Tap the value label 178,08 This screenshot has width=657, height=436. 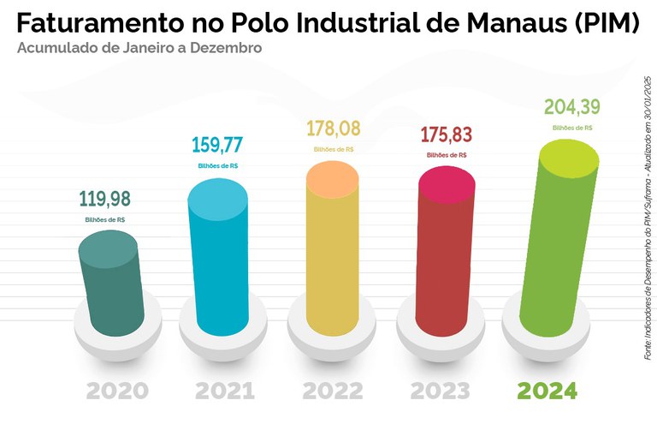(x=334, y=129)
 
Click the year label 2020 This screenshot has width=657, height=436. (x=117, y=391)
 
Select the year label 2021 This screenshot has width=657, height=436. (x=225, y=391)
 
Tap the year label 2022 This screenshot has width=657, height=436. (x=334, y=391)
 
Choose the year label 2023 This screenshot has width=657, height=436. (x=441, y=391)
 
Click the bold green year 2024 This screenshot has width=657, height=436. (x=548, y=391)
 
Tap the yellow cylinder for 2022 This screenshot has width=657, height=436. (x=334, y=253)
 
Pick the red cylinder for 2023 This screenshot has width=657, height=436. (x=444, y=253)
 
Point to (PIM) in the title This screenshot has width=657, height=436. (x=606, y=23)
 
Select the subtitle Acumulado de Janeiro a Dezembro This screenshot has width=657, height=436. (x=139, y=48)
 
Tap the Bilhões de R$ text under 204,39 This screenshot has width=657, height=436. (x=573, y=128)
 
